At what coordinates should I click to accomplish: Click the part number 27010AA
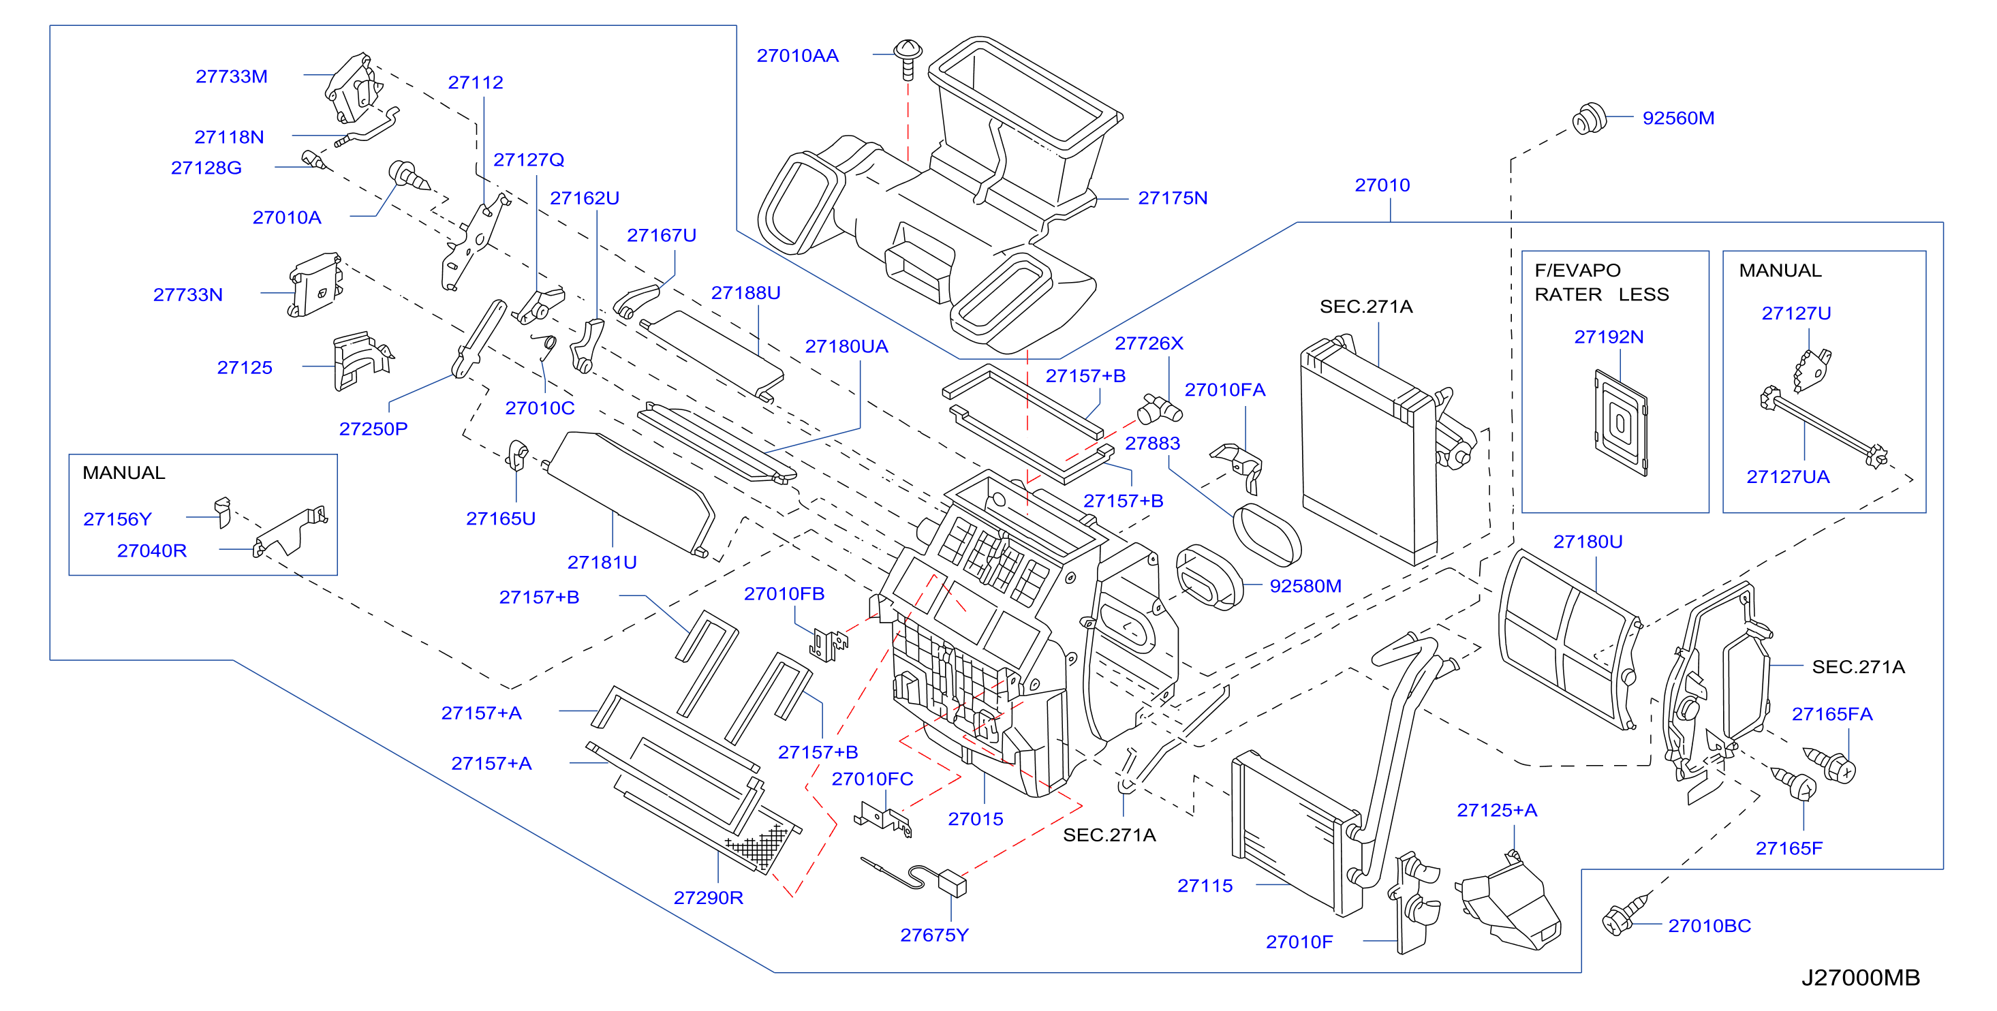(x=797, y=56)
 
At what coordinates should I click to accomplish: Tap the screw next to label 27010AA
(x=908, y=59)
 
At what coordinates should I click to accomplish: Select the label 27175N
(x=1172, y=198)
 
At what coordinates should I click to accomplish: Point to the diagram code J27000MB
(x=1861, y=978)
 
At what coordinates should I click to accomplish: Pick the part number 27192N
(x=1609, y=337)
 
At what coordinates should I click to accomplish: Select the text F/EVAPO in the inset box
(x=1577, y=270)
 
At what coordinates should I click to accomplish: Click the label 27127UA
(x=1788, y=477)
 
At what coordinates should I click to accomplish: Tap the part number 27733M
(x=231, y=76)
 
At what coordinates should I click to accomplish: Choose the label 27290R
(x=708, y=897)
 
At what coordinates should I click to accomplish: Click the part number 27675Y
(x=934, y=935)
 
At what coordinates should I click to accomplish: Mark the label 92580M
(x=1305, y=585)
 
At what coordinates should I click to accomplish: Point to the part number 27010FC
(x=872, y=779)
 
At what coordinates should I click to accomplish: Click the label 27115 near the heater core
(x=1205, y=886)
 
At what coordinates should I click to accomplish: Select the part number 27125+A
(x=1497, y=810)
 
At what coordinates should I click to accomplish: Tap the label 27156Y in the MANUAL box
(x=117, y=518)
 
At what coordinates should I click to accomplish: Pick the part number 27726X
(x=1149, y=343)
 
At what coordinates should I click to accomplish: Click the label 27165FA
(x=1832, y=714)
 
